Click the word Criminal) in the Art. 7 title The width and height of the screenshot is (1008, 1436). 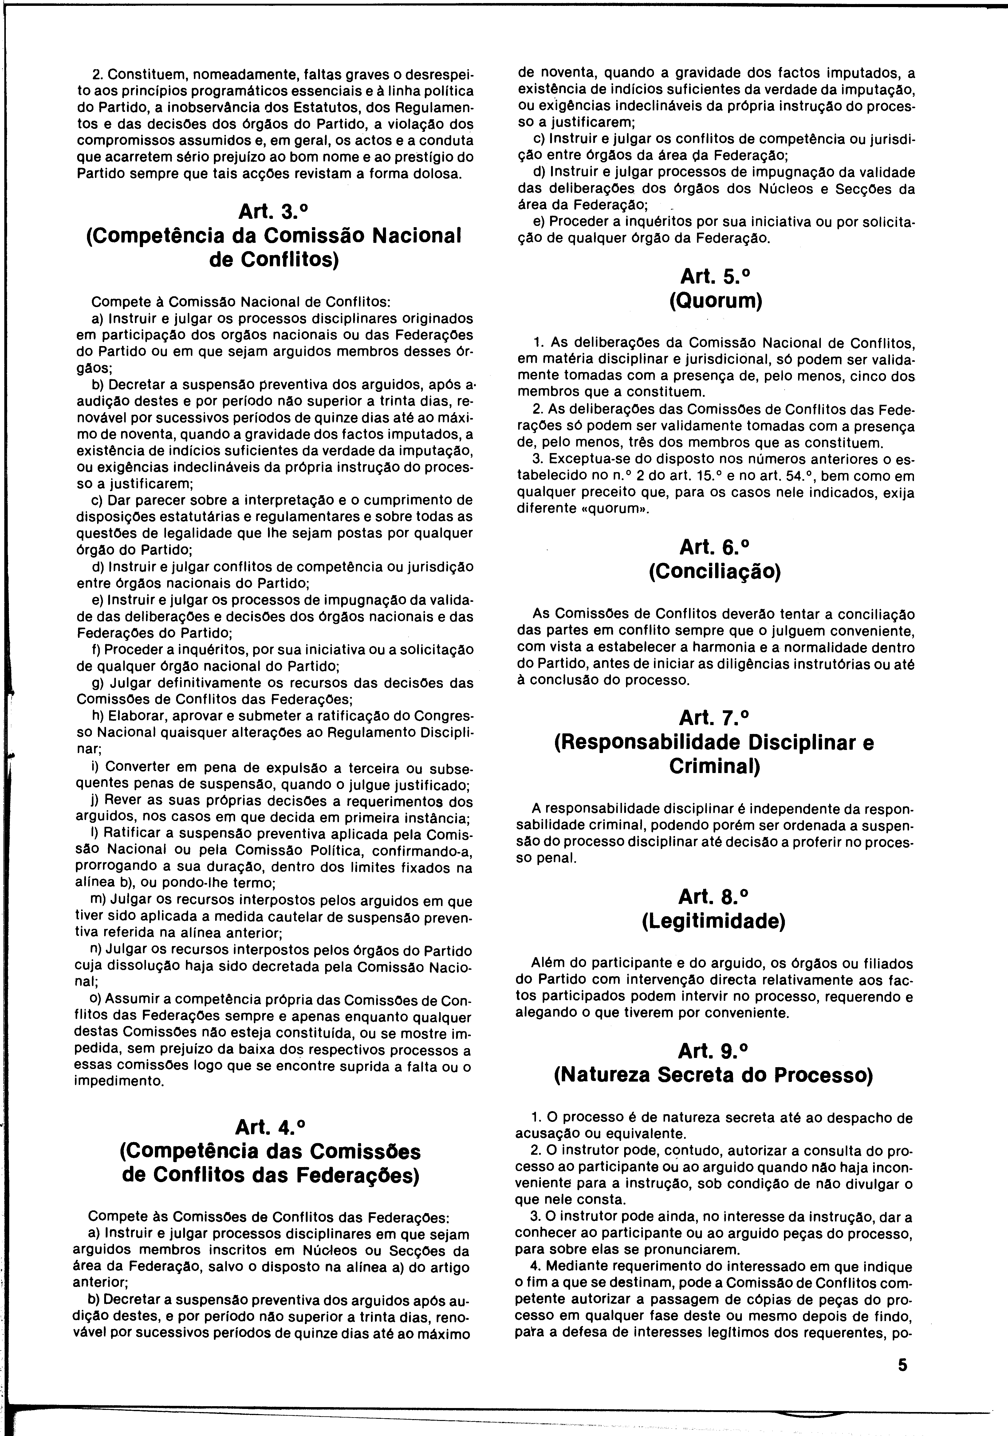[714, 766]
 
